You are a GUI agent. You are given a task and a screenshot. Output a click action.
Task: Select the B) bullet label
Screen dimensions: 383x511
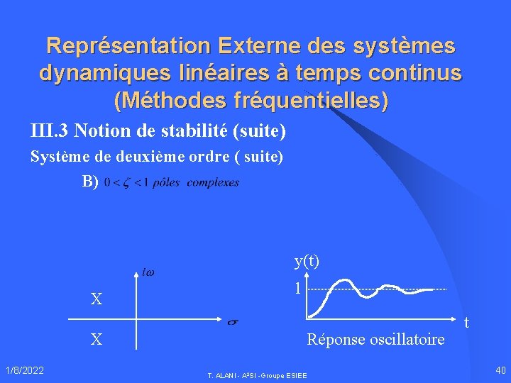click(x=90, y=182)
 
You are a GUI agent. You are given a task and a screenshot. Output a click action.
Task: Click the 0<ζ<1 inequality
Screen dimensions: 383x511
click(x=126, y=182)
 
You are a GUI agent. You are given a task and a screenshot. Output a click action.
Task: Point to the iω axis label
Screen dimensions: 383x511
click(x=149, y=272)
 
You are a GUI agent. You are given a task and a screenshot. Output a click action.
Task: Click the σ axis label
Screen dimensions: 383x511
click(x=231, y=323)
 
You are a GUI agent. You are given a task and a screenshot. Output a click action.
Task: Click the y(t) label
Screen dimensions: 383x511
click(x=307, y=261)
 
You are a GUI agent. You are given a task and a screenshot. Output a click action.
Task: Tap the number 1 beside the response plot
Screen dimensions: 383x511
click(x=298, y=289)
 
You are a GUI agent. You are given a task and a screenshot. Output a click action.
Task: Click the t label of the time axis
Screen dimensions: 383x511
click(x=466, y=323)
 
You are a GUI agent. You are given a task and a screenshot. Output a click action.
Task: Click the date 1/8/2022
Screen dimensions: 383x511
click(x=25, y=370)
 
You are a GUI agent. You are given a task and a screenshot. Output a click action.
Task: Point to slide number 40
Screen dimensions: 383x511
click(x=501, y=370)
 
